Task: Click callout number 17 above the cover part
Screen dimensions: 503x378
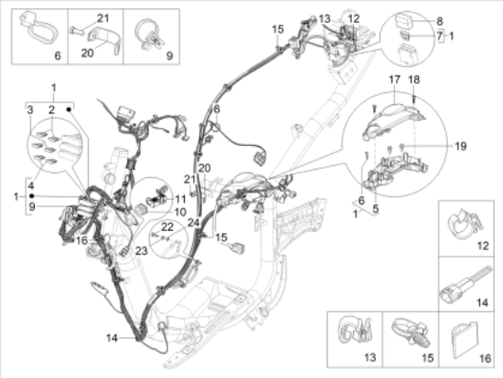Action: pos(394,79)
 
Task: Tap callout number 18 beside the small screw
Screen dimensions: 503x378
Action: pos(414,79)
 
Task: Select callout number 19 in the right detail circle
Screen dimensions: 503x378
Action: pos(461,146)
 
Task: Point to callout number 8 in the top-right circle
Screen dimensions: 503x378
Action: pos(440,21)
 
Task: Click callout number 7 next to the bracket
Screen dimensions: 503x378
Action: pos(440,36)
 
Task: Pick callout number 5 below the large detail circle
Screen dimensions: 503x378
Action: pos(375,209)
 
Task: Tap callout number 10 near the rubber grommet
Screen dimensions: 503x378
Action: pos(180,212)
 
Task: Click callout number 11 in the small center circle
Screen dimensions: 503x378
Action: pos(180,199)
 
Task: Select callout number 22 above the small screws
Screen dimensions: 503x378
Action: pos(167,226)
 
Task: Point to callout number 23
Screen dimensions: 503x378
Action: pos(141,250)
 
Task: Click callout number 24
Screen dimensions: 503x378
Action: pos(194,222)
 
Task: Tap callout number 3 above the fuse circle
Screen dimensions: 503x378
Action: pos(30,110)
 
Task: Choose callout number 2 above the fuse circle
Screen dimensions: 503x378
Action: pos(51,110)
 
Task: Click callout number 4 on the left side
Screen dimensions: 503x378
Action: pos(31,185)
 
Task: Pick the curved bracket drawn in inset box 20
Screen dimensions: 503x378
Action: pos(104,38)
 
